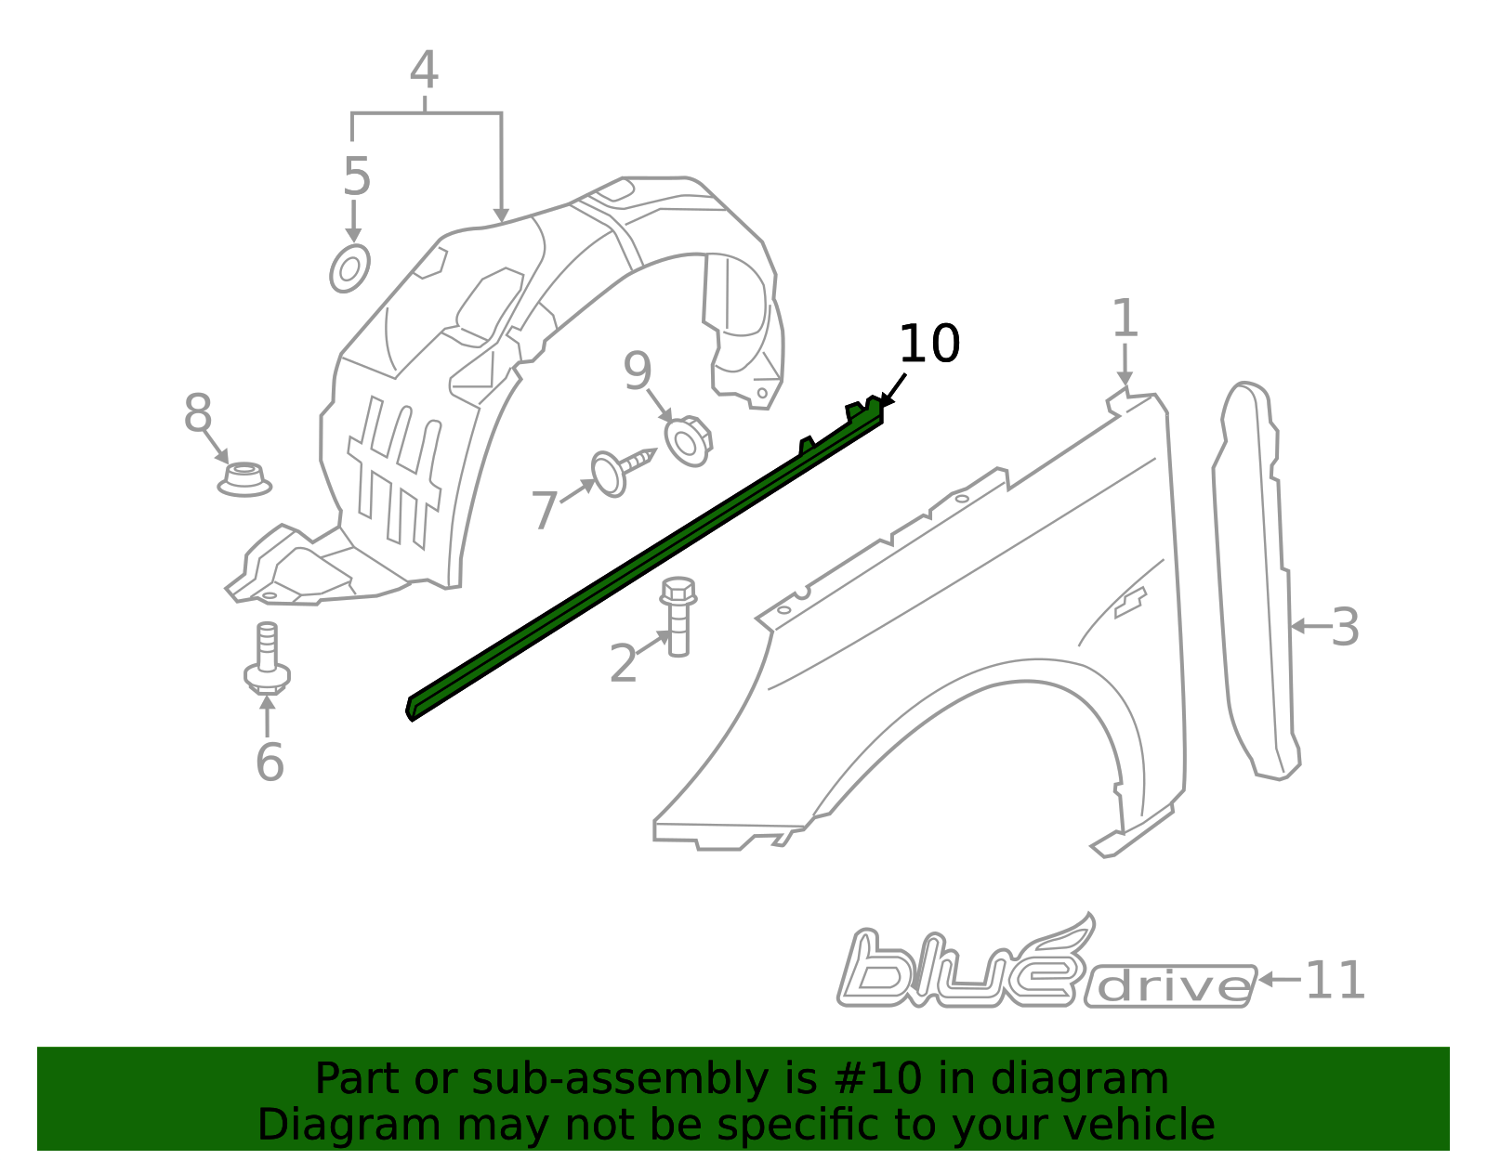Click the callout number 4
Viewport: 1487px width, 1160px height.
coord(425,70)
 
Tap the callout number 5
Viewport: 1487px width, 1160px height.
coord(357,176)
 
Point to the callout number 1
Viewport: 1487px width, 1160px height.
coord(1125,318)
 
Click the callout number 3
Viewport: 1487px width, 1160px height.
coord(1345,627)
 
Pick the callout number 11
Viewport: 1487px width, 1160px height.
coord(1336,980)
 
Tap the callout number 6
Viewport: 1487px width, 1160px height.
coord(270,762)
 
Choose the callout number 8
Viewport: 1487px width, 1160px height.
coord(198,412)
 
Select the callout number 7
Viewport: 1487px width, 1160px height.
coord(545,510)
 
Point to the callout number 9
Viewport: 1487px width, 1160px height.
coord(638,371)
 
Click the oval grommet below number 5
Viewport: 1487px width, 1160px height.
coord(349,268)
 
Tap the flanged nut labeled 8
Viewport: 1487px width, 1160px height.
coord(244,479)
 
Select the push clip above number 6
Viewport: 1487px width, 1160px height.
coord(267,658)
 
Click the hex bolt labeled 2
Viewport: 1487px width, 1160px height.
coord(678,617)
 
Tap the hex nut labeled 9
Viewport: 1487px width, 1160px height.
coord(689,441)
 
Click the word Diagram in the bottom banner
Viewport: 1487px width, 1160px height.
coord(349,1125)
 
